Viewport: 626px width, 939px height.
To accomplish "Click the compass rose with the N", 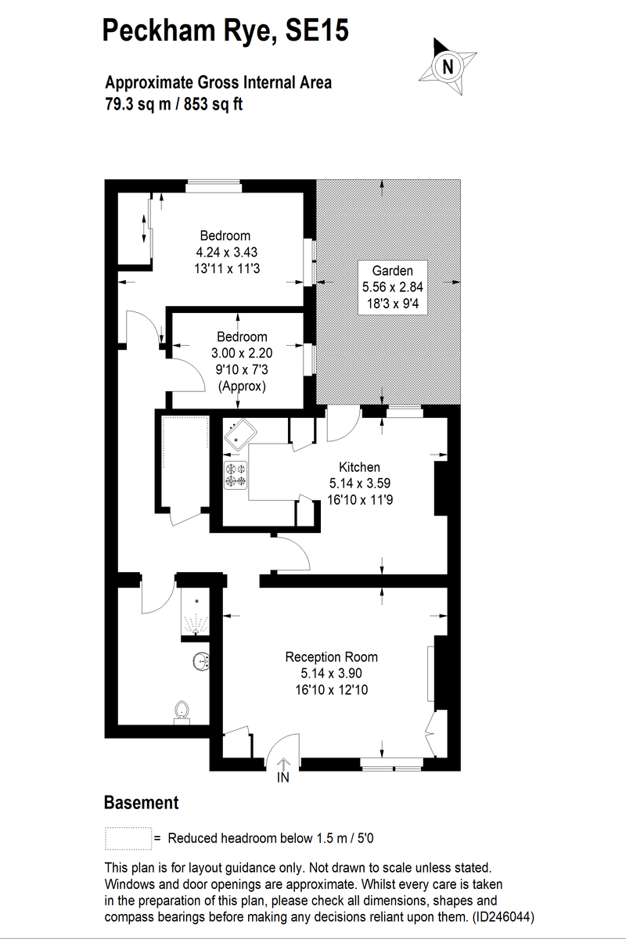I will pos(447,66).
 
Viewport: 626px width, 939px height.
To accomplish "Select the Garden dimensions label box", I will pos(392,287).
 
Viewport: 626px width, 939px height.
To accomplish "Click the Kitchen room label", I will pos(359,467).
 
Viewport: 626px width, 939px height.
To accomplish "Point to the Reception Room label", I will pos(331,657).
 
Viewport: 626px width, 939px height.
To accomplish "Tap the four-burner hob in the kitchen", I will pos(236,475).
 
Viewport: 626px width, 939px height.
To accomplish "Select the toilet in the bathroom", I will pos(182,711).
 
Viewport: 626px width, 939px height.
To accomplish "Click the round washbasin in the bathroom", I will pos(201,662).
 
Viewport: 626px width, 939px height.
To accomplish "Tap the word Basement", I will pos(141,803).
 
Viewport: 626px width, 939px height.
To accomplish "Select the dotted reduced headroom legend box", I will pos(128,838).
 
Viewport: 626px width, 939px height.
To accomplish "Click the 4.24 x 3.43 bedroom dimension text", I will pos(225,252).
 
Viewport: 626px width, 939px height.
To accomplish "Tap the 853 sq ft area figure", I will pos(212,103).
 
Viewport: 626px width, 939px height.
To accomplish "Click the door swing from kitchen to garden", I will pos(343,423).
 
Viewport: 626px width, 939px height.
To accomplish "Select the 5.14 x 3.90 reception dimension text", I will pos(331,673).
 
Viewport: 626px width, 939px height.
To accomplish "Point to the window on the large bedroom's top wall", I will pos(214,185).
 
